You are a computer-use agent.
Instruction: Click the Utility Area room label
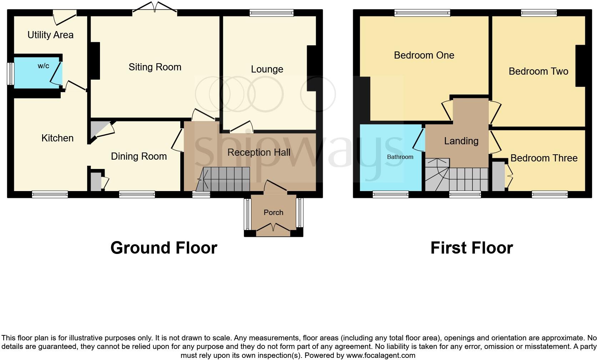click(50, 35)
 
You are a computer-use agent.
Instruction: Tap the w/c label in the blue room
click(44, 66)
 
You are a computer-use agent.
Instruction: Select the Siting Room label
click(155, 67)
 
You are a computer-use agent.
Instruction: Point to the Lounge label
click(267, 69)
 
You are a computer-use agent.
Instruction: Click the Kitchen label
click(57, 138)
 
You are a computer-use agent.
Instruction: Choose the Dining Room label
click(139, 156)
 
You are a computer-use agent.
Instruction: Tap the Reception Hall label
click(259, 152)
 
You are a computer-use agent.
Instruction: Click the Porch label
click(273, 212)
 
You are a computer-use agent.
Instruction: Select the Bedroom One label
click(424, 55)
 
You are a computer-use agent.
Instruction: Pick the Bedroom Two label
click(538, 71)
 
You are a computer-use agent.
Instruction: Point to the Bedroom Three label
click(543, 158)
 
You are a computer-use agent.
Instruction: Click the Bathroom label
click(400, 157)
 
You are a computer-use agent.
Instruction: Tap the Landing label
click(461, 141)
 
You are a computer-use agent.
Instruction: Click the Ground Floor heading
click(164, 247)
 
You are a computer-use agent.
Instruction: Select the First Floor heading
click(471, 247)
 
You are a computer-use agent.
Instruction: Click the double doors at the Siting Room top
click(155, 8)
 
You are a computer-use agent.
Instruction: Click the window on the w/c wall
click(11, 74)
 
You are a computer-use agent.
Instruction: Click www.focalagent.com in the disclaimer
click(380, 355)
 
